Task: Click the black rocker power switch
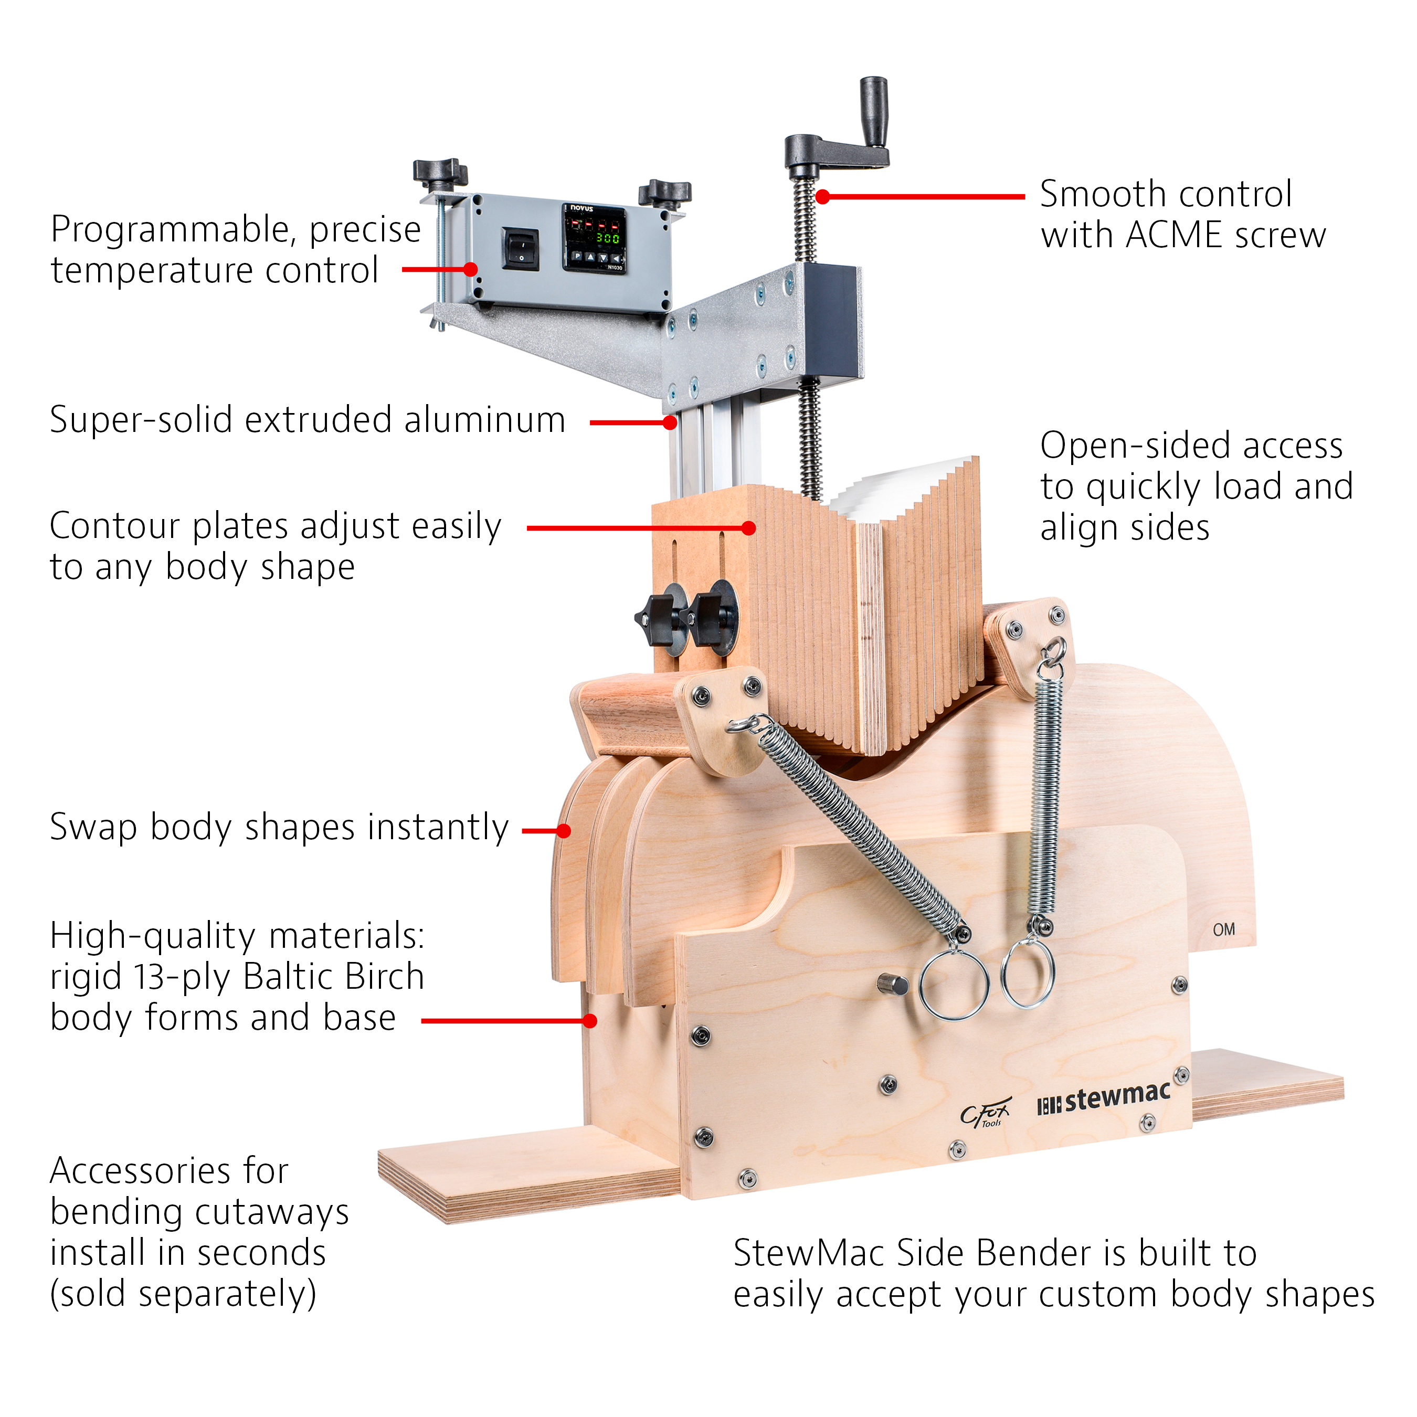(x=520, y=249)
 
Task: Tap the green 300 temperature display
(x=607, y=238)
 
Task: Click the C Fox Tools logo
(x=985, y=1113)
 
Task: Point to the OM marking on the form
(x=1223, y=930)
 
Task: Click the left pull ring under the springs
(x=954, y=985)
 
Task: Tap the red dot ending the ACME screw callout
(x=823, y=197)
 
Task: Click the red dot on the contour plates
(x=748, y=528)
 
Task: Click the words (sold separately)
(x=183, y=1294)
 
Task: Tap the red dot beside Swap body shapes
(x=563, y=830)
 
